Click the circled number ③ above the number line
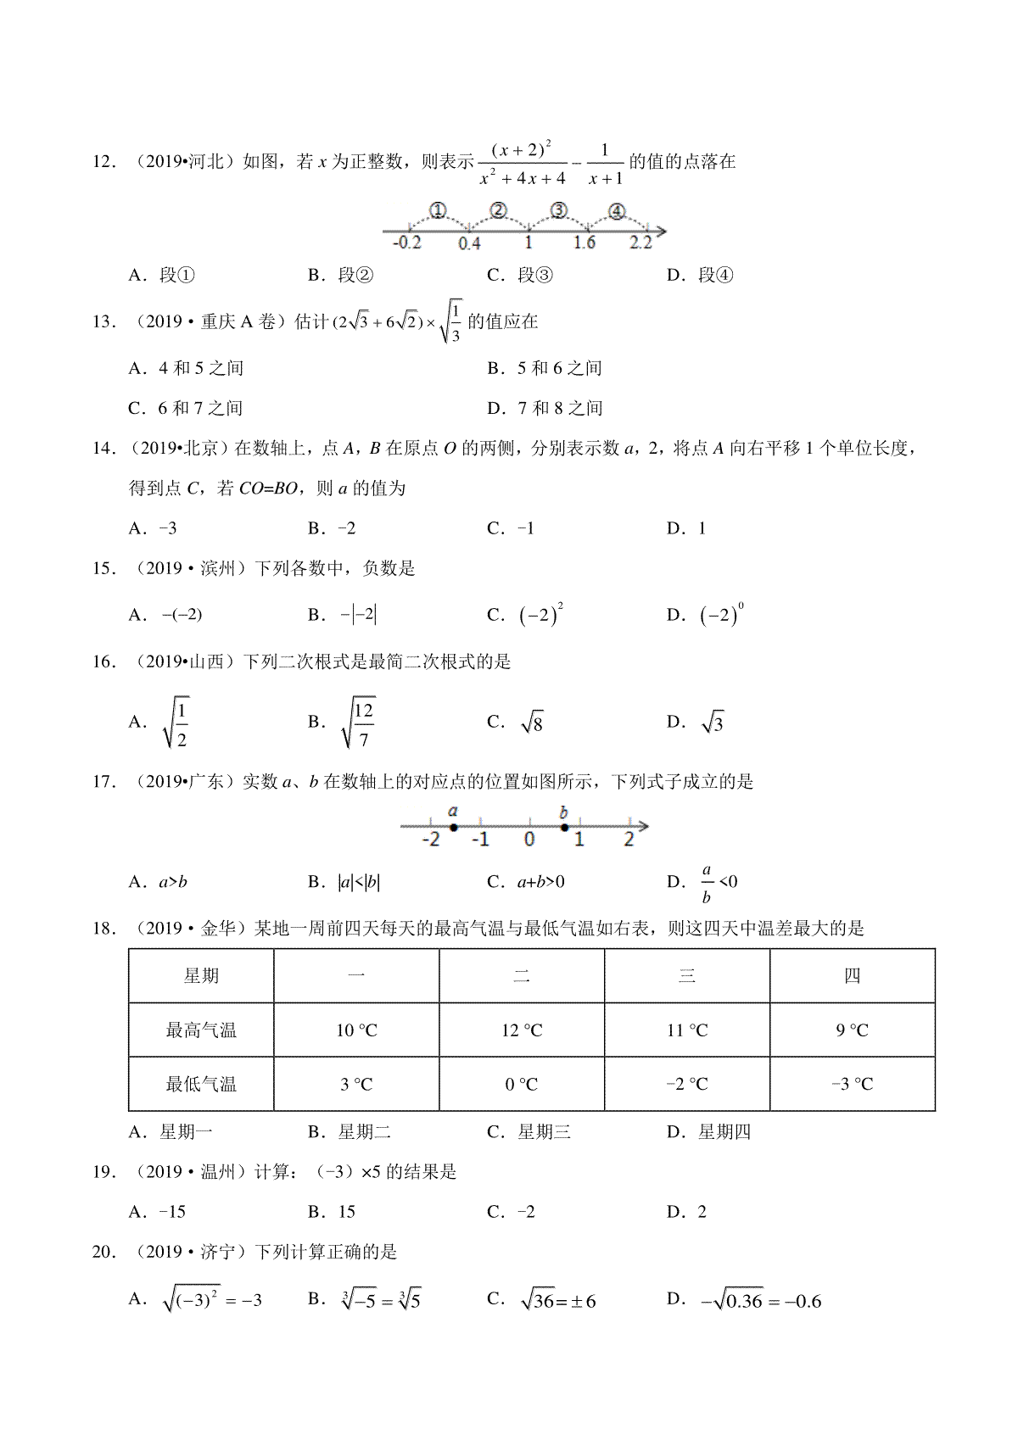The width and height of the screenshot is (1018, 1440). tap(558, 210)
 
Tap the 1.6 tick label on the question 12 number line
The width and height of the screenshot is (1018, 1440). tap(585, 243)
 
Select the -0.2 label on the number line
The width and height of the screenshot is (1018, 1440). tap(407, 243)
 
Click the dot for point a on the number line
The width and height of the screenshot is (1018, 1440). tap(454, 827)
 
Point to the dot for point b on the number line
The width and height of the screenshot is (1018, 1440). tap(565, 827)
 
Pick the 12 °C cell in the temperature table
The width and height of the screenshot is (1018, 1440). tap(522, 1030)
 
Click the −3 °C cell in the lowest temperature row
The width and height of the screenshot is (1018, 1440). tap(852, 1084)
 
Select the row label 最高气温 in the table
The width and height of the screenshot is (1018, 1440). tap(201, 1030)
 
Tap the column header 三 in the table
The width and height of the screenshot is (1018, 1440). tap(687, 976)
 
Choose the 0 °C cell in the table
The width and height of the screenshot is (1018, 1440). tap(522, 1084)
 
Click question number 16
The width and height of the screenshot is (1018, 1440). tap(103, 661)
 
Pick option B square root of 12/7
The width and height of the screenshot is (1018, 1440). tap(357, 723)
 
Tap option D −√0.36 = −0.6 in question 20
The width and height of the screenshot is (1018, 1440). tap(760, 1301)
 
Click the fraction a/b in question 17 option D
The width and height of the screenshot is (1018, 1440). tap(707, 883)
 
